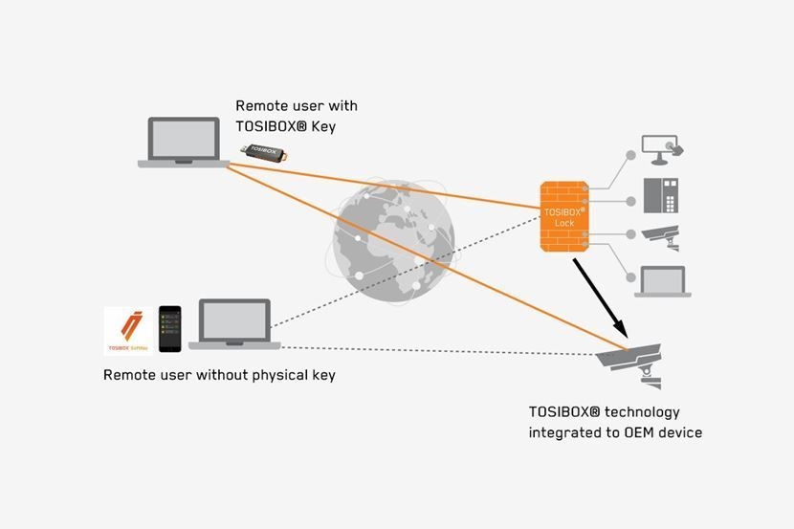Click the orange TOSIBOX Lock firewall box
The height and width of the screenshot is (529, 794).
click(563, 216)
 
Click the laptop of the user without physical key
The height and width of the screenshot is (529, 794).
click(234, 324)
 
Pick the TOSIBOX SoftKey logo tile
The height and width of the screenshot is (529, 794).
click(128, 331)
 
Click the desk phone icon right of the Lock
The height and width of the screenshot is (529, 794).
click(660, 196)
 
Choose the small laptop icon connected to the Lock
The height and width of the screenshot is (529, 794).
click(660, 280)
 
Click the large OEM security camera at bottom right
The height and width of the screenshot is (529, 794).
click(631, 363)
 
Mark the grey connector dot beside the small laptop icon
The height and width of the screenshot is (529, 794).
click(629, 279)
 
